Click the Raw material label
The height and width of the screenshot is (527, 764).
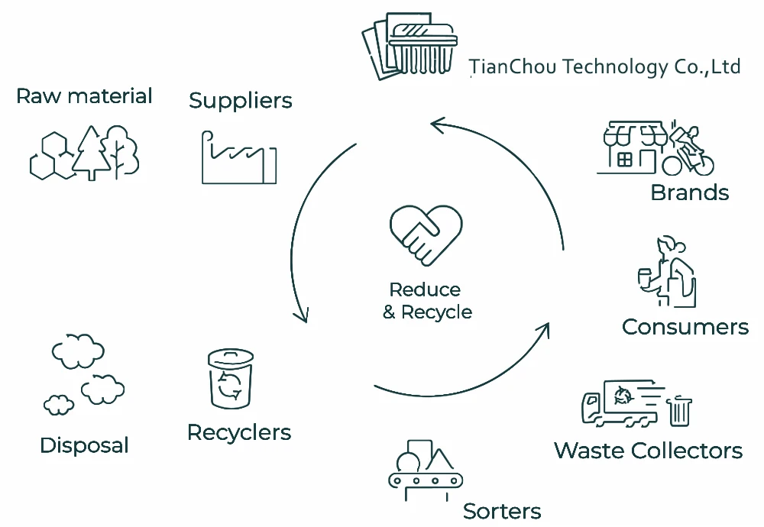pos(84,96)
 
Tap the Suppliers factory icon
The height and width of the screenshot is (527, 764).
pos(238,158)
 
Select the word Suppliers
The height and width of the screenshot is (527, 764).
pos(241,100)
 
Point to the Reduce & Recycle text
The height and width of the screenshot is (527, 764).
pos(426,301)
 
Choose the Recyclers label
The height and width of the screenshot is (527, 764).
pos(239,432)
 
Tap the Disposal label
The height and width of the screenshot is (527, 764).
pos(84,445)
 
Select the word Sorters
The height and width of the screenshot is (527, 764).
pos(502,511)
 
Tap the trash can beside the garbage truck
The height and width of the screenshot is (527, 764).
pos(679,411)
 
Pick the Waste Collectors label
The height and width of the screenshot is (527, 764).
pos(648,451)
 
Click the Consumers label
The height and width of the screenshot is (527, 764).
pos(685,327)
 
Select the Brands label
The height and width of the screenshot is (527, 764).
pos(689,192)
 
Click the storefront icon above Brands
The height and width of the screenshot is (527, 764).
pos(631,147)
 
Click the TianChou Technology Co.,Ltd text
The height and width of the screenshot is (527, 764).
pos(604,66)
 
